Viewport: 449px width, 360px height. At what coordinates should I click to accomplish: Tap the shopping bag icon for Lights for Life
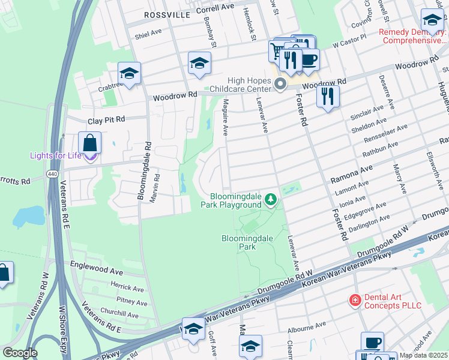tap(89, 143)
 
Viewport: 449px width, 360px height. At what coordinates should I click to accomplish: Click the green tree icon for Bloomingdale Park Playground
tap(271, 199)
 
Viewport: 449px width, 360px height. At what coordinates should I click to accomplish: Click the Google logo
tap(20, 353)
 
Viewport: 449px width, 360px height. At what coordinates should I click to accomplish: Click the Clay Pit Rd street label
tap(106, 120)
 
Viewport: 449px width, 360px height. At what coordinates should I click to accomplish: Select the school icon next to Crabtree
tap(129, 73)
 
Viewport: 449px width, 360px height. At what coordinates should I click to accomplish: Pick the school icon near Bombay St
tap(200, 62)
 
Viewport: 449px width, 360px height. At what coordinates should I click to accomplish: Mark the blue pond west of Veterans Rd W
tap(29, 215)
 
